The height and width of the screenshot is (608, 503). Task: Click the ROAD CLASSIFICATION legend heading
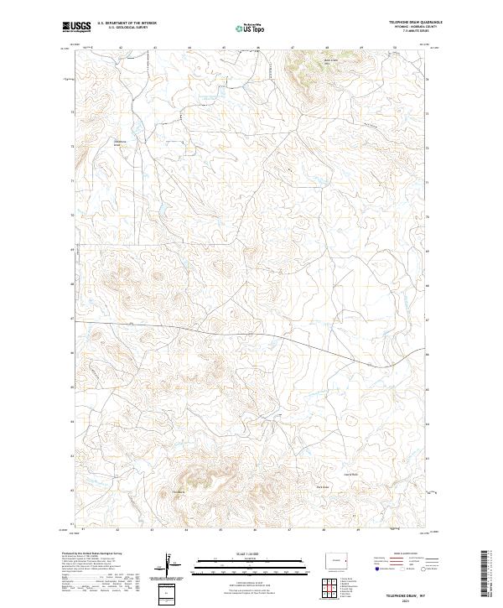coord(406,554)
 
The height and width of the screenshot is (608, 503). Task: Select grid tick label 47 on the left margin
coord(71,320)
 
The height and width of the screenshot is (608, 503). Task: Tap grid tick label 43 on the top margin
coord(156,48)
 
